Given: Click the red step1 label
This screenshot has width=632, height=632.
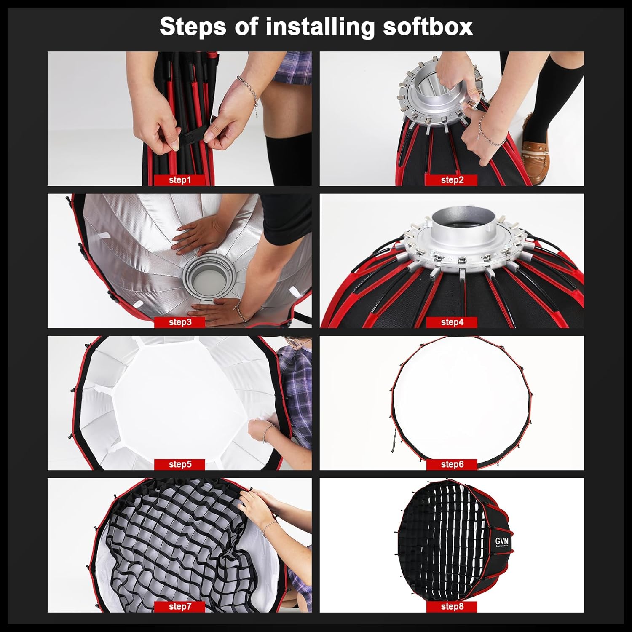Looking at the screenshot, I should pos(180,180).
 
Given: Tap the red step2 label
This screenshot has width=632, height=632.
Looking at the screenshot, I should pos(452,180).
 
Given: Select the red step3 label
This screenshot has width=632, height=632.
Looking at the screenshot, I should pos(180,322).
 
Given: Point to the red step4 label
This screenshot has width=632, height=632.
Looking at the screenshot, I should pos(452,322).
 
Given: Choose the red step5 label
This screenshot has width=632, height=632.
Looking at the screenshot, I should pos(180,464).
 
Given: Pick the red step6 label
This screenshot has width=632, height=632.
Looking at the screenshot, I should pos(452,464).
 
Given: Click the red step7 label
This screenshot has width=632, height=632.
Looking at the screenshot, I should pos(180,607).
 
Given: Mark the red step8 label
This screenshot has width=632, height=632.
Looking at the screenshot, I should pos(452,607).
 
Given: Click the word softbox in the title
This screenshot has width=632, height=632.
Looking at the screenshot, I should pos(427,27).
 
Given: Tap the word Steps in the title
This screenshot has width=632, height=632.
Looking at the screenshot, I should pos(193,27).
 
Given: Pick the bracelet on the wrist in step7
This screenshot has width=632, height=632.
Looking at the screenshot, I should pos(270,528).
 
